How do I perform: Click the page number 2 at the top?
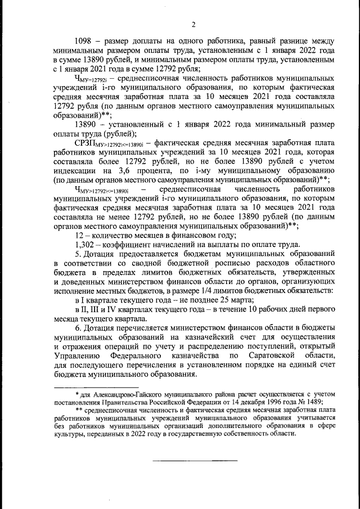tap(193, 24)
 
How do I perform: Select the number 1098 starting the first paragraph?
tap(84, 41)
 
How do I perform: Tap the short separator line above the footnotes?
tap(96, 388)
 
